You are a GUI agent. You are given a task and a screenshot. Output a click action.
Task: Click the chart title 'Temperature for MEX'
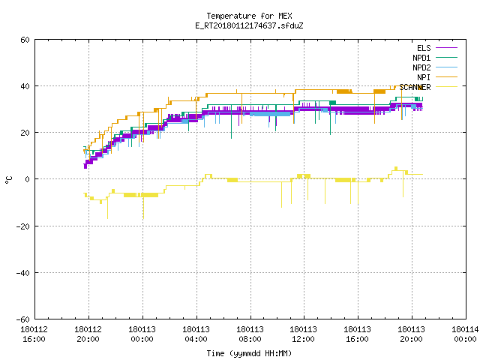pyautogui.click(x=249, y=16)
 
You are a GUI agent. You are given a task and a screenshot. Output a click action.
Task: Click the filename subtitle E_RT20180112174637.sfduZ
pyautogui.click(x=249, y=25)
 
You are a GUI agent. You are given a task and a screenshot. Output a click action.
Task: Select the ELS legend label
pyautogui.click(x=424, y=48)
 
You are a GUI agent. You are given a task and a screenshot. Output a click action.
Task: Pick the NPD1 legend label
pyautogui.click(x=421, y=58)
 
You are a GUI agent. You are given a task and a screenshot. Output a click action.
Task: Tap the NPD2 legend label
pyautogui.click(x=421, y=67)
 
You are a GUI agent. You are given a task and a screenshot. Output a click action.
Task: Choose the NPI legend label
pyautogui.click(x=424, y=77)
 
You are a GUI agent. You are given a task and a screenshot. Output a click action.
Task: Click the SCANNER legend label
pyautogui.click(x=415, y=87)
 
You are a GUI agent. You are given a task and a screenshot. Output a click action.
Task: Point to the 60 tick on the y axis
pyautogui.click(x=25, y=40)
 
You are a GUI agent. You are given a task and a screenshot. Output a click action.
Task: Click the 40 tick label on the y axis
pyautogui.click(x=25, y=86)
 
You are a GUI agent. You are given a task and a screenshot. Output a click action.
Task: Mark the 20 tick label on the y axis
pyautogui.click(x=25, y=133)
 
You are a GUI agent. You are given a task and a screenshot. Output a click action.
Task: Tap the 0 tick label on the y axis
pyautogui.click(x=28, y=179)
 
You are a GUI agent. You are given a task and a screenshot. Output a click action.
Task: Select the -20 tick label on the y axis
pyautogui.click(x=23, y=226)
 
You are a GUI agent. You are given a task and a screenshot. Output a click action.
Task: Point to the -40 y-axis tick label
pyautogui.click(x=23, y=273)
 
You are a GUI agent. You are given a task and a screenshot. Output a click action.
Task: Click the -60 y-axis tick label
pyautogui.click(x=23, y=319)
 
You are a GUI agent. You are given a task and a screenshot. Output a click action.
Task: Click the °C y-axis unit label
pyautogui.click(x=8, y=180)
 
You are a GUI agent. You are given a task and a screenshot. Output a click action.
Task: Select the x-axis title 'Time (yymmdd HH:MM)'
pyautogui.click(x=249, y=353)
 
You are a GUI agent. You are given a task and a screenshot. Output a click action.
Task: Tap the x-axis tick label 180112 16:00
pyautogui.click(x=34, y=334)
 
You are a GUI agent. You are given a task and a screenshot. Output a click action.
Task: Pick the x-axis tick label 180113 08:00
pyautogui.click(x=250, y=334)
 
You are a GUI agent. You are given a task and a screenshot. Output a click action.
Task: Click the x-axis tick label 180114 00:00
pyautogui.click(x=465, y=334)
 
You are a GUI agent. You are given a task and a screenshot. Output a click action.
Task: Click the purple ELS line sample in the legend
pyautogui.click(x=446, y=48)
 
